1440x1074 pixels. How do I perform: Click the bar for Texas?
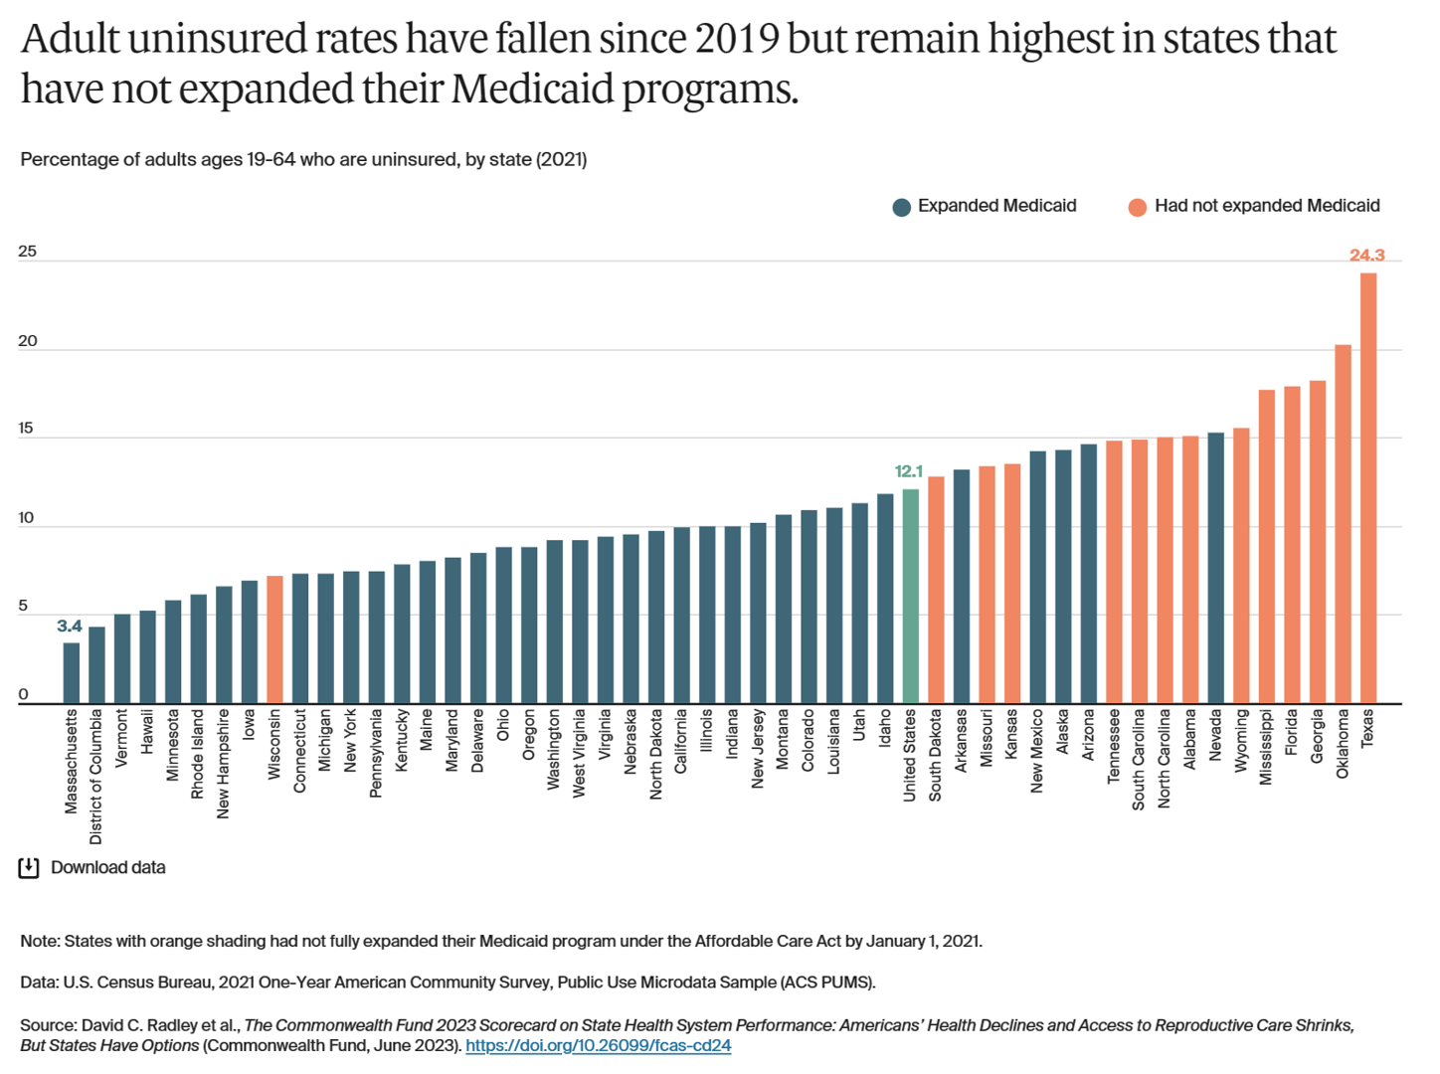coord(1368,487)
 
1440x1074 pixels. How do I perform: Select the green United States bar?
coord(910,597)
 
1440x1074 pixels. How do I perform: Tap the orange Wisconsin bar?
coord(274,639)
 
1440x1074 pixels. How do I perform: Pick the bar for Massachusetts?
coord(72,673)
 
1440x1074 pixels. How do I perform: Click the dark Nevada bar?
coord(1215,568)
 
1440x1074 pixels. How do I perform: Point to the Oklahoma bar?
coord(1343,524)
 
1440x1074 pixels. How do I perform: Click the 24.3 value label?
coord(1366,256)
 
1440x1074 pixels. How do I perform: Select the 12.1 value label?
coord(908,471)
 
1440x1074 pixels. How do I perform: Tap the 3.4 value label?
coord(70,626)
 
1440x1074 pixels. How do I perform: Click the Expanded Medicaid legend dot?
coord(902,207)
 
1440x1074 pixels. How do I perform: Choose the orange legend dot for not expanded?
coord(1138,207)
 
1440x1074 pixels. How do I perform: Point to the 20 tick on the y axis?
coord(27,341)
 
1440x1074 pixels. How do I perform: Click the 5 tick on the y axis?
coord(24,607)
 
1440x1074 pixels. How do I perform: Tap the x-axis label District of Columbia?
coord(96,776)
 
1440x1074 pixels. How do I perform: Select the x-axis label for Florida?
coord(1292,732)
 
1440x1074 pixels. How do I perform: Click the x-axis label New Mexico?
coord(1037,751)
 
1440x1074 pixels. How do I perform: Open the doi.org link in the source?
coord(598,1046)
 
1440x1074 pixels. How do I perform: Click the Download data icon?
coord(29,868)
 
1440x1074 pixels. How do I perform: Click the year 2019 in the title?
coord(736,40)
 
